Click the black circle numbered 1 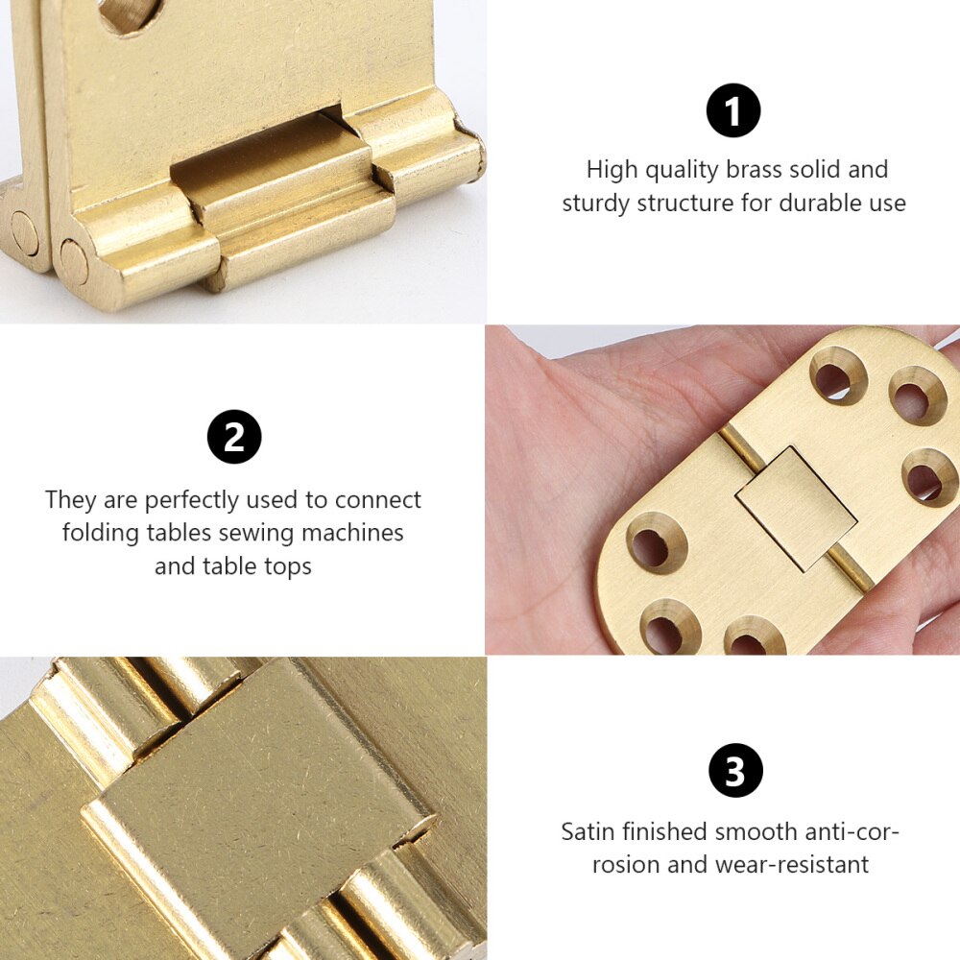click(x=733, y=110)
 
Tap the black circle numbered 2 click(x=234, y=437)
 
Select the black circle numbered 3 click(x=735, y=770)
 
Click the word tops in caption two click(x=285, y=566)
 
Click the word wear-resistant click(x=792, y=864)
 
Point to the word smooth click(x=753, y=831)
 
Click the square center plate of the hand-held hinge click(x=797, y=507)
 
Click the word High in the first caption click(x=611, y=170)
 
